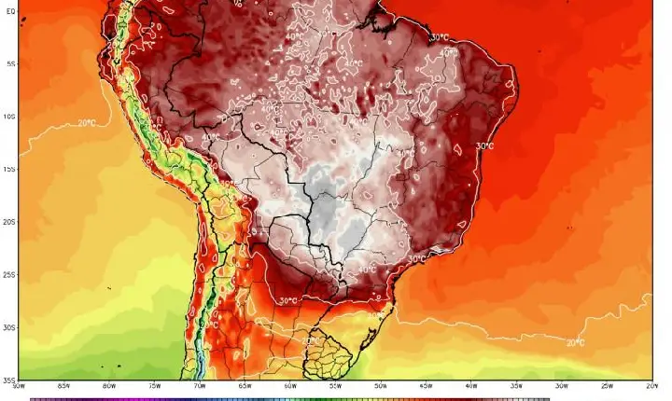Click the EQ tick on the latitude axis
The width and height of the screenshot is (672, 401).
(x=9, y=12)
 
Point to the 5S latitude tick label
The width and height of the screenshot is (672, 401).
(x=9, y=64)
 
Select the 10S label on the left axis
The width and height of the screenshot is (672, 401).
(x=9, y=117)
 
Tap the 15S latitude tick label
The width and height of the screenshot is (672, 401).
(x=9, y=169)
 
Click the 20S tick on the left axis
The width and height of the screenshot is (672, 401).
(x=9, y=222)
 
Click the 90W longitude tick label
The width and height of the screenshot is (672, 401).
(x=19, y=385)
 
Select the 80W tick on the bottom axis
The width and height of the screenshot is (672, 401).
(x=109, y=385)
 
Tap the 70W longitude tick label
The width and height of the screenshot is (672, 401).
(x=199, y=385)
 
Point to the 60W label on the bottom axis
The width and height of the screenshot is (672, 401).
(x=289, y=385)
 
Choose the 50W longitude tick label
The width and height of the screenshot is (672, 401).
(x=380, y=385)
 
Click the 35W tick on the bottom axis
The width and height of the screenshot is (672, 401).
(x=515, y=385)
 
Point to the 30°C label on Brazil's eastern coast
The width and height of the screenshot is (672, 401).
(x=484, y=146)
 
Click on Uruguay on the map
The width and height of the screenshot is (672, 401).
(x=329, y=350)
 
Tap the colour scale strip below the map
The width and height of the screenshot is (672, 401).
(x=289, y=398)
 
